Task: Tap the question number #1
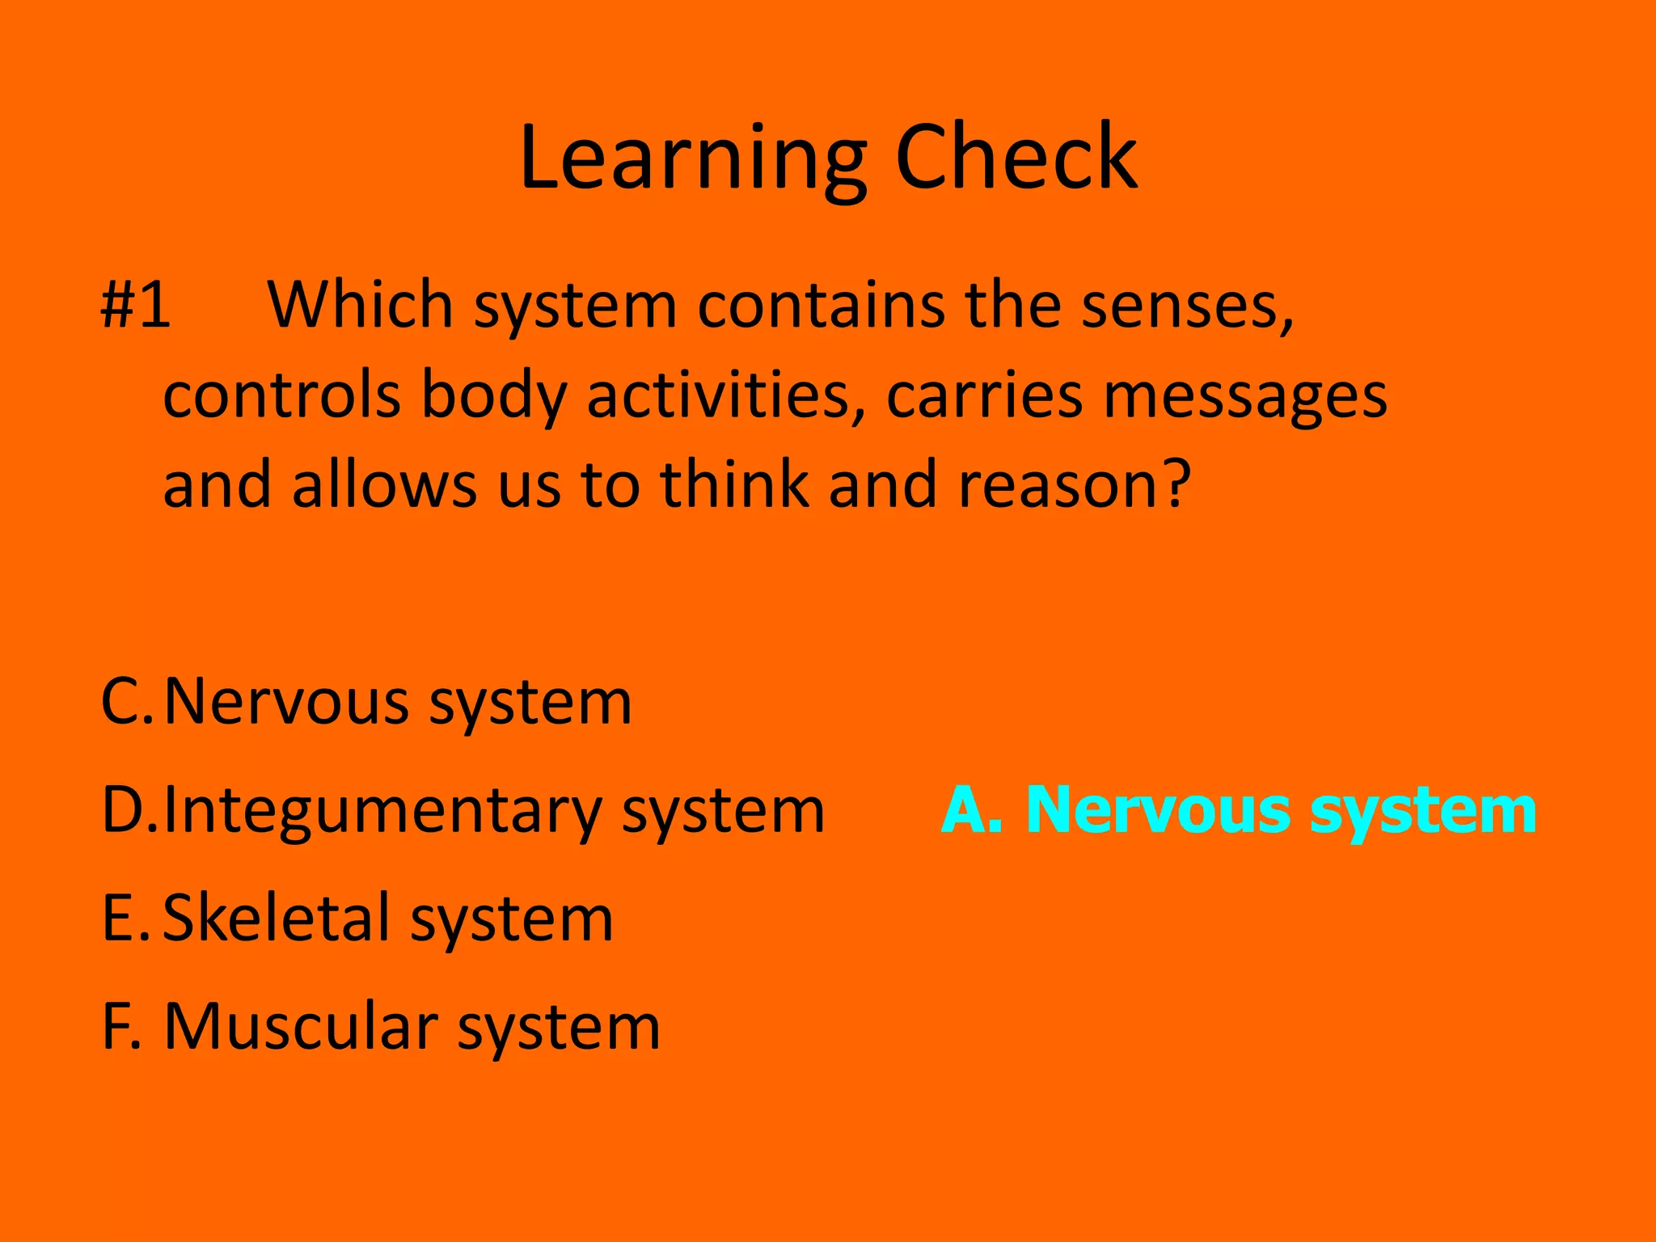click(x=136, y=305)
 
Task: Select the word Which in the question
click(x=360, y=305)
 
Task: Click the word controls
click(x=282, y=395)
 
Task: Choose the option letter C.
click(x=125, y=701)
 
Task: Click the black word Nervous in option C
click(x=286, y=701)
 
